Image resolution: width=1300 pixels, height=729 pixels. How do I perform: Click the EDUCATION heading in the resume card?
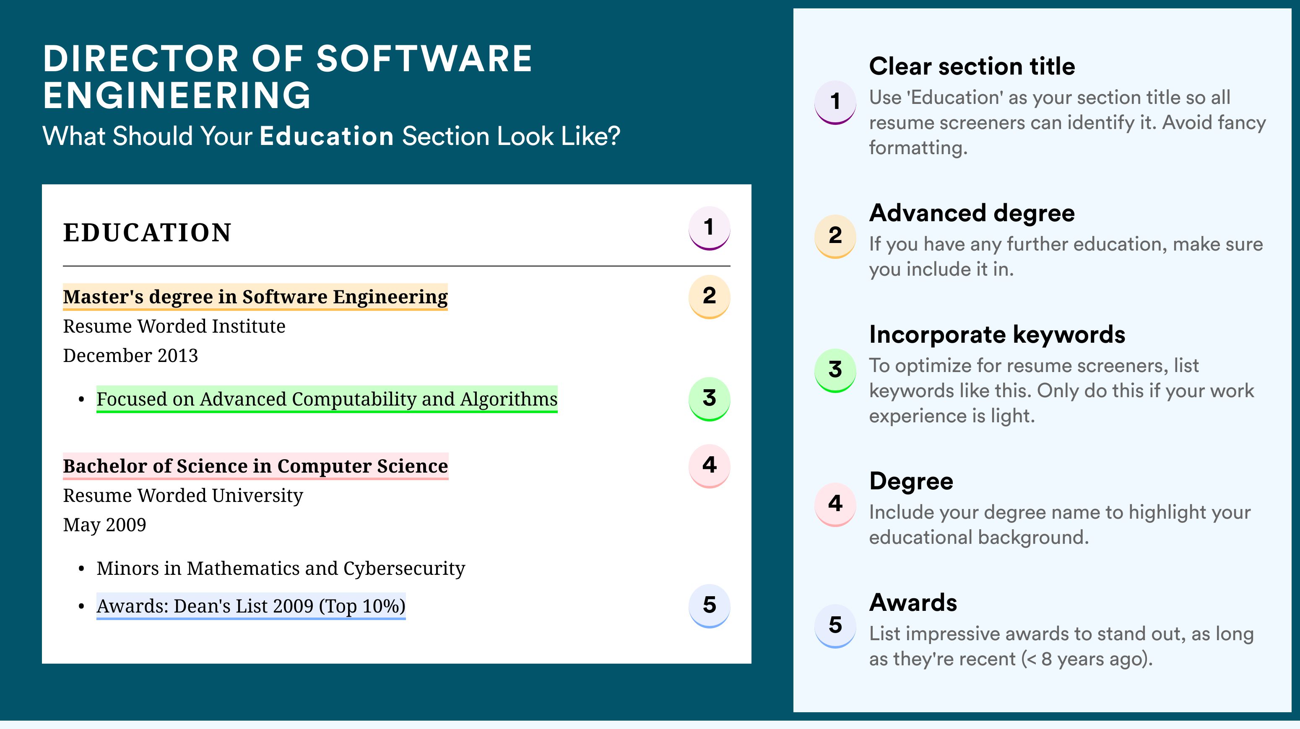[x=147, y=233]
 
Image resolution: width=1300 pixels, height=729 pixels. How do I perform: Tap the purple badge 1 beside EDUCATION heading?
[x=709, y=228]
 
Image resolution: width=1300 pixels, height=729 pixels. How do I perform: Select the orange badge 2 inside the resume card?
[x=709, y=297]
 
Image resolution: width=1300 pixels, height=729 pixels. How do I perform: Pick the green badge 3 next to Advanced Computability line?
[x=709, y=399]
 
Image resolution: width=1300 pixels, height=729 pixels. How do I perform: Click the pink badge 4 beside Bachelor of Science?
[x=709, y=466]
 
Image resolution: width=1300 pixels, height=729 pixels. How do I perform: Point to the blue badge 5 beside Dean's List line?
[x=709, y=605]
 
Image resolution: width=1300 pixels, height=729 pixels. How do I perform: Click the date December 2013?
[x=130, y=355]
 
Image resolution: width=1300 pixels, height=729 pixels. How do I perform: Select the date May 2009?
[x=104, y=525]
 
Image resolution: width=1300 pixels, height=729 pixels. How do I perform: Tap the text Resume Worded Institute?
[x=174, y=326]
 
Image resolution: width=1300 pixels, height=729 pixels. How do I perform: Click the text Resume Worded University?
[x=183, y=496]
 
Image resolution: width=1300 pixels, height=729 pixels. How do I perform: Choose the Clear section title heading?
[x=972, y=66]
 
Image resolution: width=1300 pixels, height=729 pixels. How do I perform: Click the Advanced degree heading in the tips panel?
[x=972, y=213]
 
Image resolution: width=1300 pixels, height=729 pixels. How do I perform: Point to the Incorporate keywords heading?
[x=997, y=335]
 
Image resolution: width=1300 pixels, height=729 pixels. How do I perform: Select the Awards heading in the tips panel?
[x=913, y=602]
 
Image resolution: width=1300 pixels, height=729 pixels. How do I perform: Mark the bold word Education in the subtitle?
[x=327, y=136]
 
